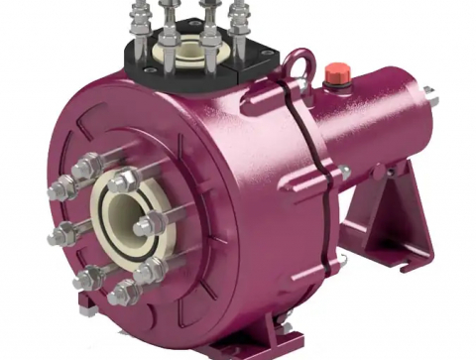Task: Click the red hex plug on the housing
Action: [335, 72]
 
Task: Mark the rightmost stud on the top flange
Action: [241, 20]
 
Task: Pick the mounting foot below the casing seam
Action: [278, 328]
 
